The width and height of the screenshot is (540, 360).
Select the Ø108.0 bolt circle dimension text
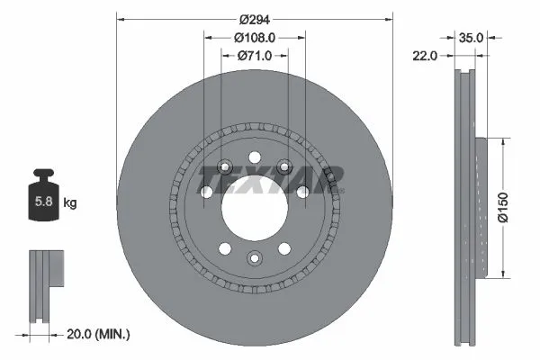click(254, 38)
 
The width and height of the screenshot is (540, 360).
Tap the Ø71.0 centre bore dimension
click(254, 56)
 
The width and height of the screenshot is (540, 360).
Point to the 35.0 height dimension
click(472, 38)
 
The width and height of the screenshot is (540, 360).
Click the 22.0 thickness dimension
click(426, 56)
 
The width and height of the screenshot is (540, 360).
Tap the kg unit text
click(70, 203)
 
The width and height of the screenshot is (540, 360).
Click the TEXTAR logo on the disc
click(270, 179)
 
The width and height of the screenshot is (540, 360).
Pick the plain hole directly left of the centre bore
click(206, 192)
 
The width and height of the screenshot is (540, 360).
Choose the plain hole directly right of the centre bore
click(303, 192)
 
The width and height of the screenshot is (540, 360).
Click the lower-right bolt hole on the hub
click(285, 248)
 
